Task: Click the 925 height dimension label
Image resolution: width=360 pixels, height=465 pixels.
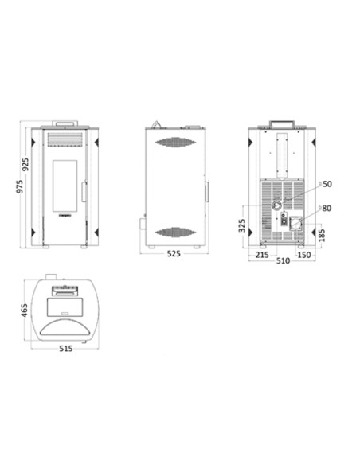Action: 27,166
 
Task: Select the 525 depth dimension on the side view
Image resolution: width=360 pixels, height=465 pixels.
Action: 174,254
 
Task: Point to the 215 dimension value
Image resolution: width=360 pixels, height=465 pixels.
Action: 262,255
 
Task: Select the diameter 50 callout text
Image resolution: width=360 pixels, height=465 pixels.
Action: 327,184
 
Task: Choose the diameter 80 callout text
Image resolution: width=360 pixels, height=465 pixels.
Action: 327,209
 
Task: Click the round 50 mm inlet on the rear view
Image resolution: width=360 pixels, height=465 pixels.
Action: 276,205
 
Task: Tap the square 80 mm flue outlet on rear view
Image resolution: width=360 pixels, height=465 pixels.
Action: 295,224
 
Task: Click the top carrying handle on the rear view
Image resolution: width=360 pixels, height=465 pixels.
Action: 284,123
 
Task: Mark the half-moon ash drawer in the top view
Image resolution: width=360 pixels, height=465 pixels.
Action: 65,328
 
